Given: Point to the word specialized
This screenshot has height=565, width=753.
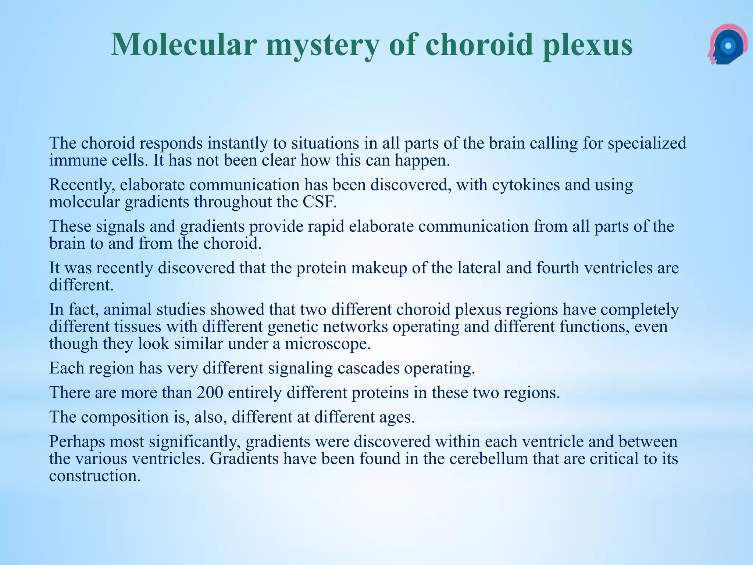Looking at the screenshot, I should tap(647, 143).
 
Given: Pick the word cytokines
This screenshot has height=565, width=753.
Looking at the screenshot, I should tap(526, 185).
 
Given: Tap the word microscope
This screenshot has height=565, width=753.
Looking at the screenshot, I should tap(328, 344).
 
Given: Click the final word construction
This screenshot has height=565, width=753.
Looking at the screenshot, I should tap(95, 476).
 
